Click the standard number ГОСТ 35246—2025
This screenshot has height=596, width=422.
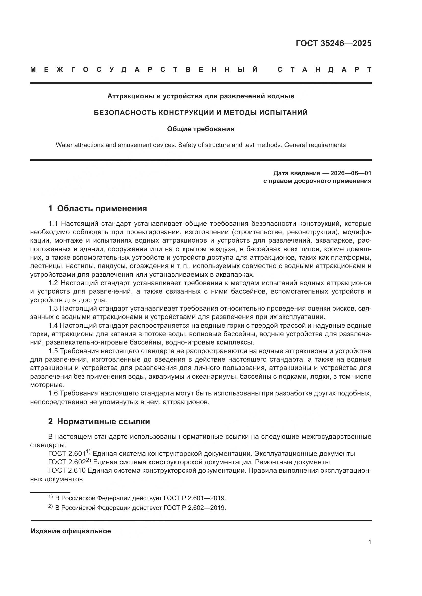coord(333,43)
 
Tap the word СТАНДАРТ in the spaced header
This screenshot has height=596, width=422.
coord(325,70)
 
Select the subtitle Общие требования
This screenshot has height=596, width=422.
coord(201,129)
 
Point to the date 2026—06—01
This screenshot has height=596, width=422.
coord(351,173)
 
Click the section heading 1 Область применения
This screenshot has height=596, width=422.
coord(98,208)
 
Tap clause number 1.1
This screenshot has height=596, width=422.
coord(54,224)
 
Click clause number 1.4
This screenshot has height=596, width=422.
coord(54,325)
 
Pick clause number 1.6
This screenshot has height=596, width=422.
coord(54,393)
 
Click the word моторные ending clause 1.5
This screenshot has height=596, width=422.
coord(47,385)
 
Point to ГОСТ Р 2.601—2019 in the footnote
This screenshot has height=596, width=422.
coord(195,498)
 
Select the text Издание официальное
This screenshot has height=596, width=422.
coord(71,531)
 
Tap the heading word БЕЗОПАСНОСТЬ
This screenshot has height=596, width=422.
coord(125,113)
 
